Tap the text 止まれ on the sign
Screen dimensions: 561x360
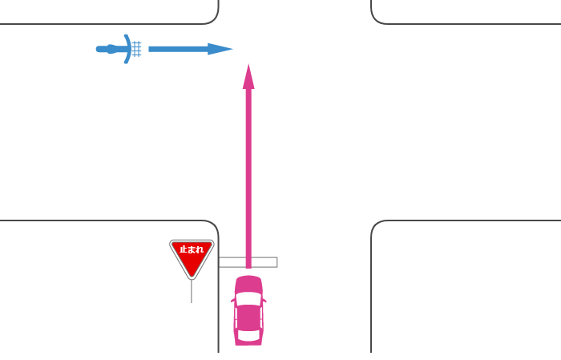(192, 249)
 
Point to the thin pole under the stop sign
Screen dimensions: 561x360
(192, 290)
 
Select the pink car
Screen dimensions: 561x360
(248, 310)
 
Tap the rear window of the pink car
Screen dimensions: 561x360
(248, 332)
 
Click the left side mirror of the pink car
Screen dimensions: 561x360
(232, 301)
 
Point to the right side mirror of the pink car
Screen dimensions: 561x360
(264, 301)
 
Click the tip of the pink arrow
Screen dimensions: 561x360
(248, 67)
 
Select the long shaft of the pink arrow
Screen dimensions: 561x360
(248, 176)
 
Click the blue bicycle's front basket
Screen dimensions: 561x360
(136, 49)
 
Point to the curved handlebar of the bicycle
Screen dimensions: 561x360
(127, 49)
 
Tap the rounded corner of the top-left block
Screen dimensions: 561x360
(212, 18)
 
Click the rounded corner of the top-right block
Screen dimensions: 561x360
(377, 18)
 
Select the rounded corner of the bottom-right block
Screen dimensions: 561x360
(377, 227)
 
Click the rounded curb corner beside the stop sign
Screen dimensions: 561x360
(212, 227)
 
